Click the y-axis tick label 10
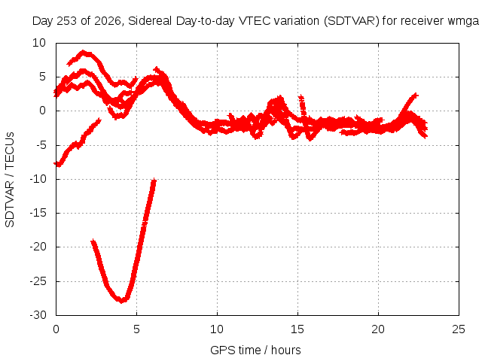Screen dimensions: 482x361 [39, 43]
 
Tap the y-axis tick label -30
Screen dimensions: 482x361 [38, 315]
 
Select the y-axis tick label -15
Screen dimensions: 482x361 [38, 213]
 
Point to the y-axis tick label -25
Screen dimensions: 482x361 [38, 281]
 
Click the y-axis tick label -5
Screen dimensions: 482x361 [41, 145]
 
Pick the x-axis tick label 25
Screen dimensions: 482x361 [459, 329]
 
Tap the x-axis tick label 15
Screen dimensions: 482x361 [297, 329]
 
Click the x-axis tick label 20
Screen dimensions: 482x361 [378, 329]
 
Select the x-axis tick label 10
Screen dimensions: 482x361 [217, 329]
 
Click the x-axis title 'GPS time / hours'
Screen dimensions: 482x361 [255, 350]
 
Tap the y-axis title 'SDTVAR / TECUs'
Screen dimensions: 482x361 [10, 180]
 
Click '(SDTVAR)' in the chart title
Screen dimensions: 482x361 [351, 21]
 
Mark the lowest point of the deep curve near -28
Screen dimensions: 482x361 [122, 301]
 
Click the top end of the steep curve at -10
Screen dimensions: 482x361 [154, 180]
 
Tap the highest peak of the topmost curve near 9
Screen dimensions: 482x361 [83, 52]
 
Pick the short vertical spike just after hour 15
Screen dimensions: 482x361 [302, 105]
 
